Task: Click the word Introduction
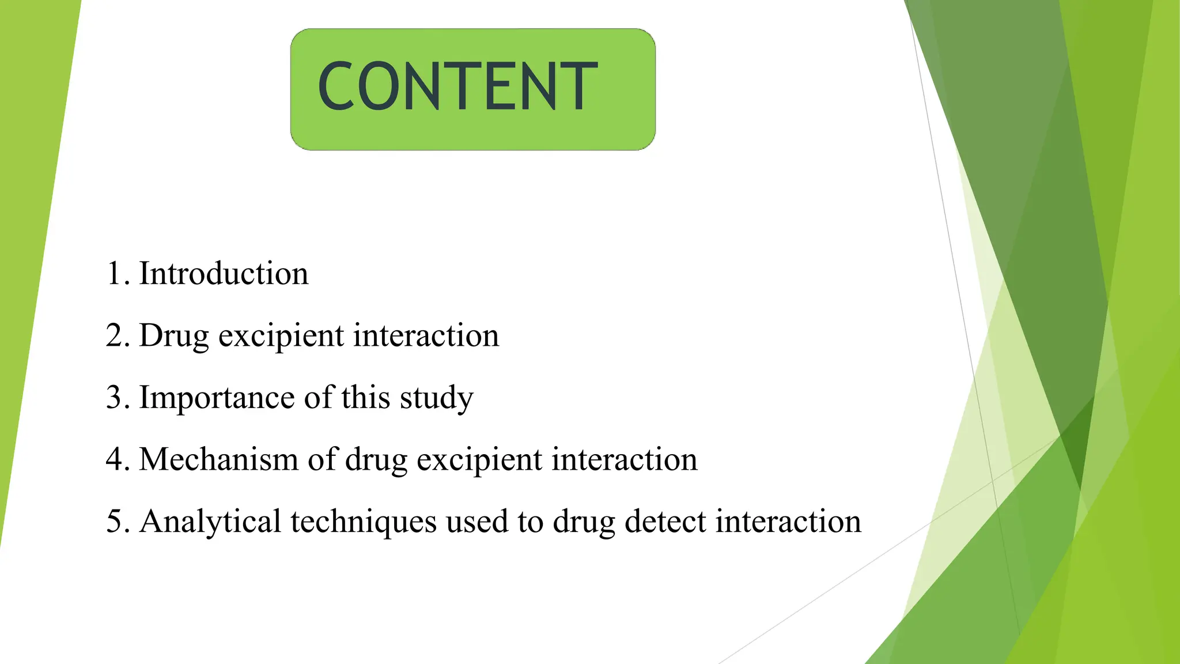[224, 273]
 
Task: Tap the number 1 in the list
[114, 273]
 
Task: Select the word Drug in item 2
[173, 335]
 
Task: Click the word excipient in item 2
[281, 337]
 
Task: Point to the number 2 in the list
[114, 335]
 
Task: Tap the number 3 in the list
[114, 398]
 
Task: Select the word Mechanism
[219, 459]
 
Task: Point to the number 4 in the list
[114, 459]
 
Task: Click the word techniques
[364, 522]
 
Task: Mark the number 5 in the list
[114, 522]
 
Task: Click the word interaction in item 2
[426, 335]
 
